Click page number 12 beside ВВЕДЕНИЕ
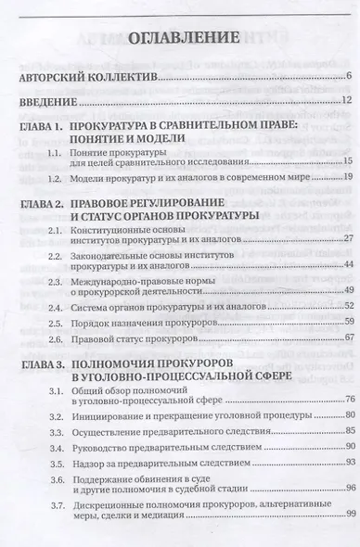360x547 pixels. coord(342,100)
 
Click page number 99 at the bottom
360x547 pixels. coord(342,541)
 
